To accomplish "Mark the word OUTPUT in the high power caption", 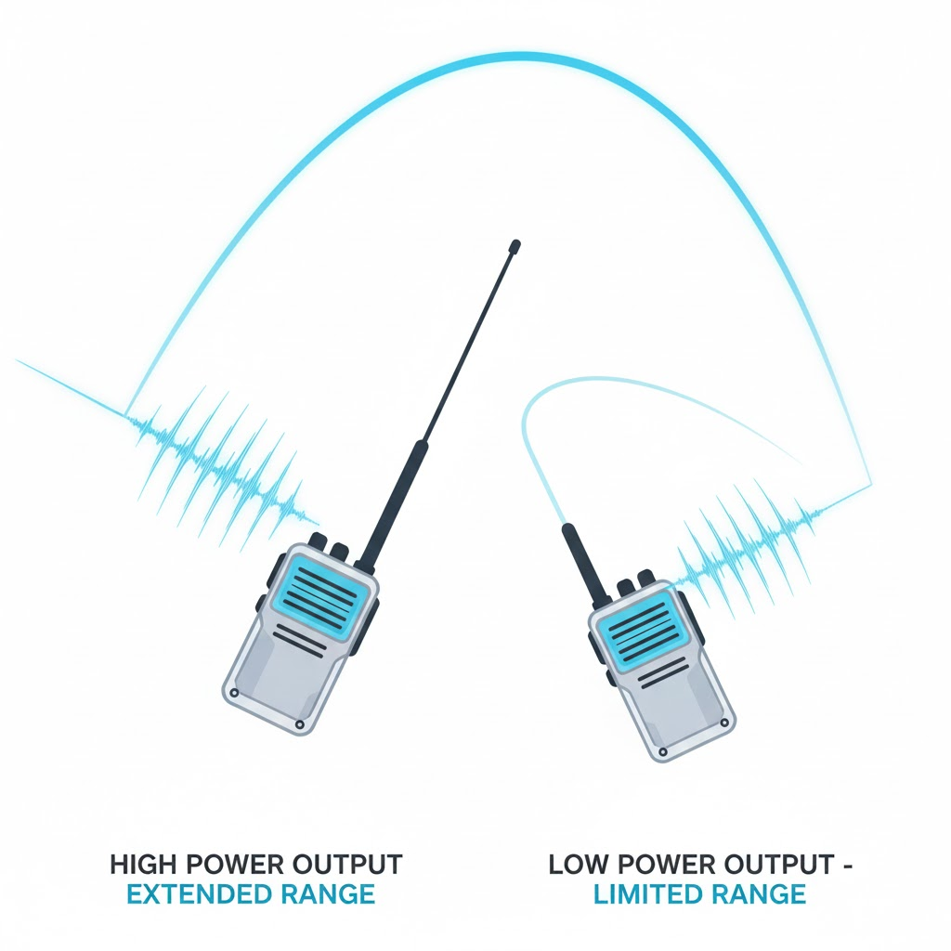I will [348, 865].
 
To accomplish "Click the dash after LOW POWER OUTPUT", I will [847, 866].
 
